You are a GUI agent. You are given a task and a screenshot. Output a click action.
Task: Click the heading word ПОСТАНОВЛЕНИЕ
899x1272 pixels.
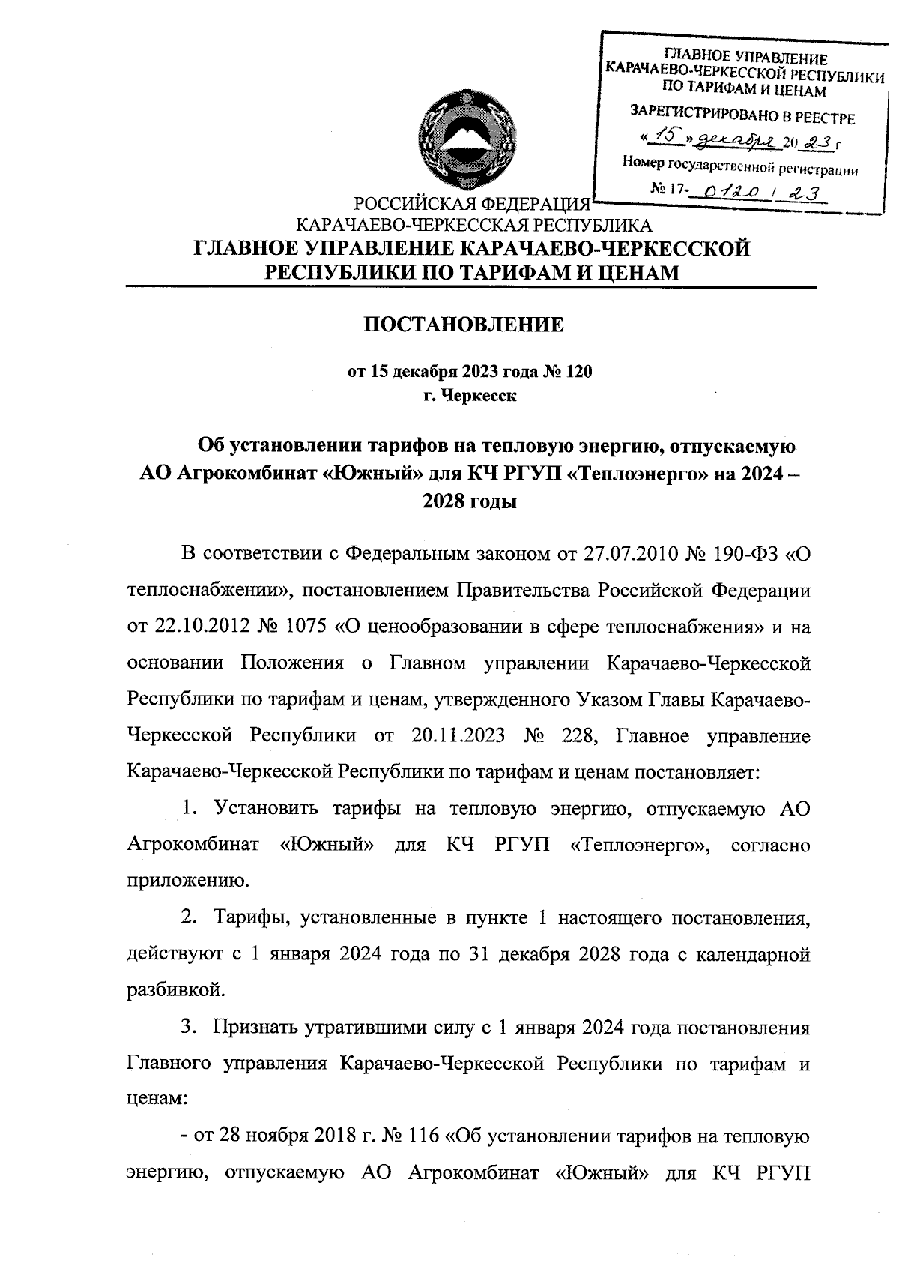463,325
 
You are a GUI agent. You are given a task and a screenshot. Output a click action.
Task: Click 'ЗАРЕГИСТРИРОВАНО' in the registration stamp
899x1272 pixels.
692,116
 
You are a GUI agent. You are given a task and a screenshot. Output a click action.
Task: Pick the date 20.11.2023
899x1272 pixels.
458,735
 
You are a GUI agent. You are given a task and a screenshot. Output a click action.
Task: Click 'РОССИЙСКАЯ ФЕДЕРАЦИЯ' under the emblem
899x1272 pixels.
470,205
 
